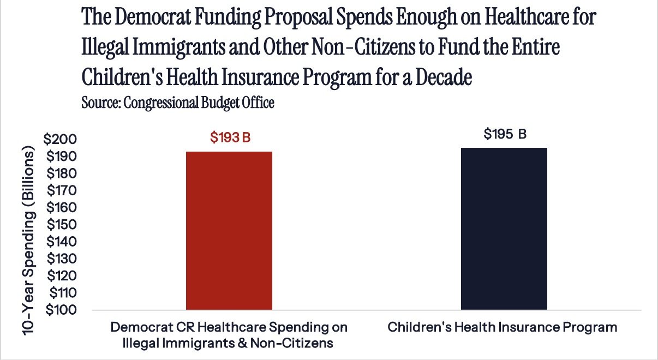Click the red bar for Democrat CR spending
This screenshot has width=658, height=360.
coord(229,231)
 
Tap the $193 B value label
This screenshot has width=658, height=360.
coord(230,137)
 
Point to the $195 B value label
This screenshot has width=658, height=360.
coord(505,134)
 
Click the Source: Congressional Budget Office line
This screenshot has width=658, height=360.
coord(177,103)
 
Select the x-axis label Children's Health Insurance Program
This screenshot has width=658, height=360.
coord(503,328)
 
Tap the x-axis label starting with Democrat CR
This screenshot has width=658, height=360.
coord(229,335)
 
